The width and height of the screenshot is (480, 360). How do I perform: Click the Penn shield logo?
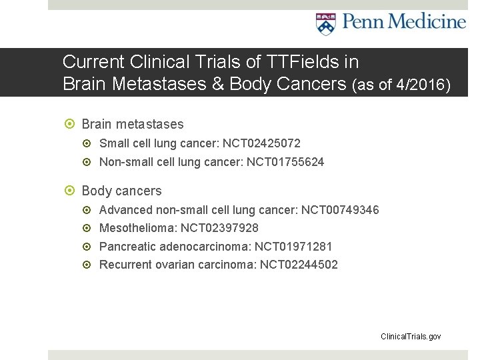pyautogui.click(x=325, y=23)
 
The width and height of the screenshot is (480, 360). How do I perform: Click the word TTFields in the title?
pyautogui.click(x=285, y=62)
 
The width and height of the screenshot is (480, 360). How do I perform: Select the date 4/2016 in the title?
pyautogui.click(x=420, y=85)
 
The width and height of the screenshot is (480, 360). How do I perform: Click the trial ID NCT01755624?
pyautogui.click(x=285, y=161)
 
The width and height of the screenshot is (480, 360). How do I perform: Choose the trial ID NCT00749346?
pyautogui.click(x=340, y=210)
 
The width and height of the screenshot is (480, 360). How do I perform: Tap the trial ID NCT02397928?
pyautogui.click(x=221, y=228)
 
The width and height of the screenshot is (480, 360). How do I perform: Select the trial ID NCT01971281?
pyautogui.click(x=293, y=247)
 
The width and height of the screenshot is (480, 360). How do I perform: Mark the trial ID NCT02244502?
pyautogui.click(x=299, y=265)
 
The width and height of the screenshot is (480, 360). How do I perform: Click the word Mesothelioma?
pyautogui.click(x=138, y=228)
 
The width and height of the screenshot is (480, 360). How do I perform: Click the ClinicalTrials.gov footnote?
pyautogui.click(x=411, y=337)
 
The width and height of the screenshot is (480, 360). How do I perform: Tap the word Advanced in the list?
pyautogui.click(x=126, y=210)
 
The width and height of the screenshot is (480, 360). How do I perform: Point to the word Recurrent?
pyautogui.click(x=125, y=265)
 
